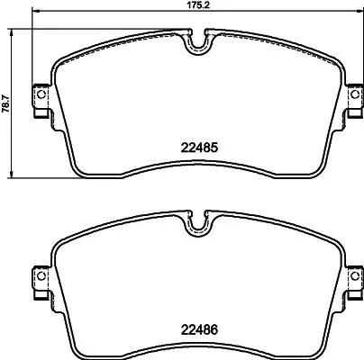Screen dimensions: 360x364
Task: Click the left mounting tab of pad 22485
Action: (40, 97)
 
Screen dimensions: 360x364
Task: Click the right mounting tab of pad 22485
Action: (351, 97)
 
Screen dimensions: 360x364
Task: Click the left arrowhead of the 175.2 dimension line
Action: (35, 15)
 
